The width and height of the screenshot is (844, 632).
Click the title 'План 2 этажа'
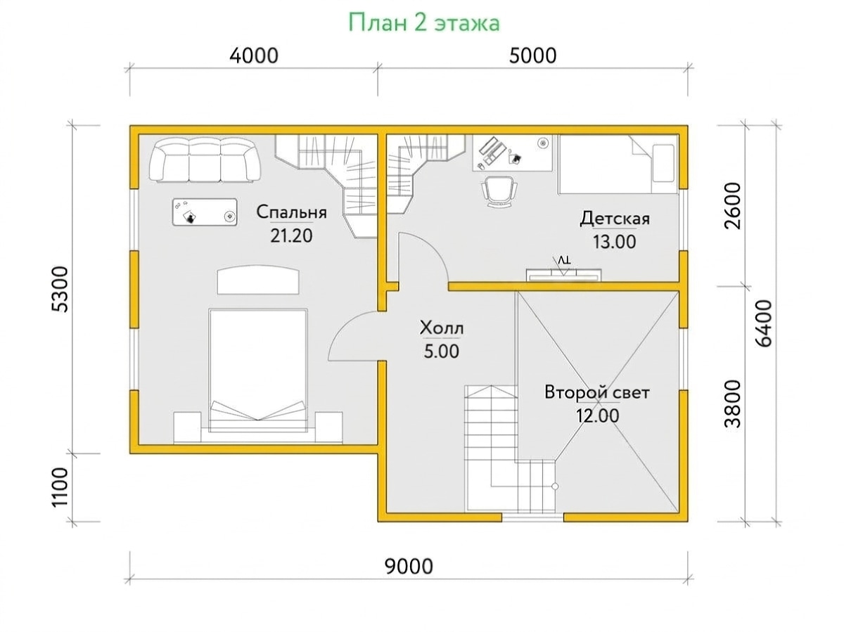click(x=423, y=22)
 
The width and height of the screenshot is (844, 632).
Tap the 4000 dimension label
click(x=254, y=56)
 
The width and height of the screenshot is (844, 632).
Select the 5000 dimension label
click(x=532, y=56)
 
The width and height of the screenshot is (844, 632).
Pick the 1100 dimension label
click(x=60, y=487)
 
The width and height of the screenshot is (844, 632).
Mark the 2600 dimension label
click(x=731, y=206)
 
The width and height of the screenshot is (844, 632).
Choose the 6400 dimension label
click(x=763, y=323)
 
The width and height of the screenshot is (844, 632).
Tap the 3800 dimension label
click(x=731, y=404)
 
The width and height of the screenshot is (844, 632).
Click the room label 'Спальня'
click(x=291, y=212)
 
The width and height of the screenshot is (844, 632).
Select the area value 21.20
click(x=291, y=236)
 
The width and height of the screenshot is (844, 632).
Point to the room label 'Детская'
click(x=615, y=219)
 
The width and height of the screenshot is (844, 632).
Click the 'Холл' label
click(x=442, y=328)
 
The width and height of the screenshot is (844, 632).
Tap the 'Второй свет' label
click(x=596, y=393)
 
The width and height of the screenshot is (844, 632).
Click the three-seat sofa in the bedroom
click(x=205, y=161)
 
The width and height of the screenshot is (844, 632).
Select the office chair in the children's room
click(x=499, y=192)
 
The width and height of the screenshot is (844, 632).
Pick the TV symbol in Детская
click(x=563, y=271)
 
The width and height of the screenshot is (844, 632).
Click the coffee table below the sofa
click(x=204, y=212)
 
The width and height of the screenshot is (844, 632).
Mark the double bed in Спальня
click(x=258, y=370)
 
